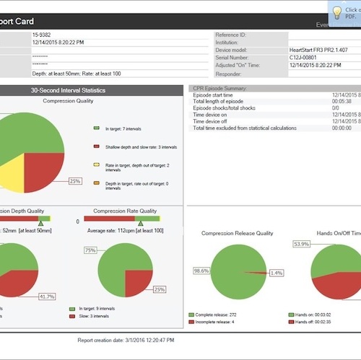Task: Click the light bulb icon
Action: [x=336, y=12]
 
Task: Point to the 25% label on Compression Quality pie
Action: [x=75, y=181]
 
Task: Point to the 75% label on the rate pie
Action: [x=90, y=250]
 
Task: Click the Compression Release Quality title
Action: [x=237, y=233]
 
